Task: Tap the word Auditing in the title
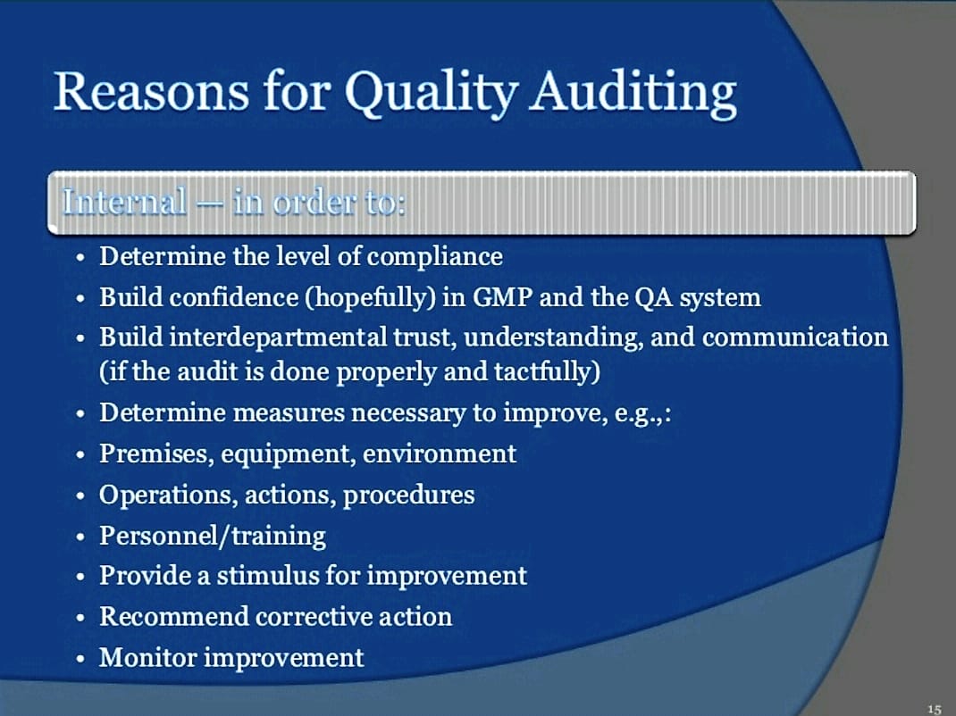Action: coord(633,93)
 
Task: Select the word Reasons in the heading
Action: coord(152,92)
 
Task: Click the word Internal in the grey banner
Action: coord(124,202)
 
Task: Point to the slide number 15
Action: coord(934,708)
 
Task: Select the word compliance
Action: coord(435,257)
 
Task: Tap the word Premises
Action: coord(156,454)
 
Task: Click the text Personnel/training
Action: coord(213,537)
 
